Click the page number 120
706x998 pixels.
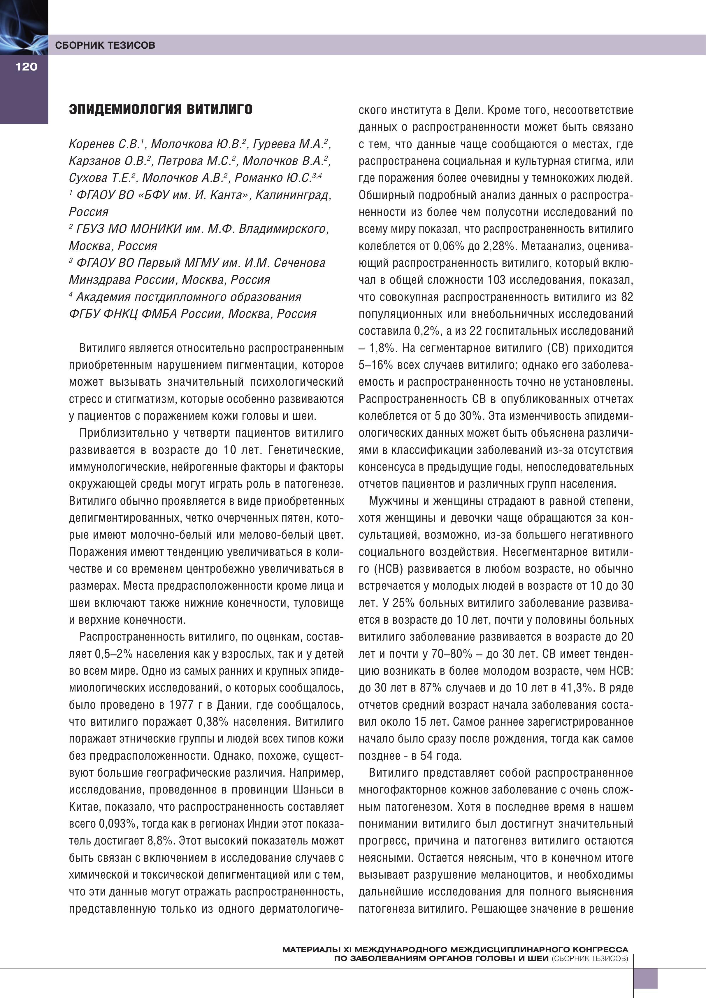[x=27, y=66]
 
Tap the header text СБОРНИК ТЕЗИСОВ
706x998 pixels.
[x=105, y=45]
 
